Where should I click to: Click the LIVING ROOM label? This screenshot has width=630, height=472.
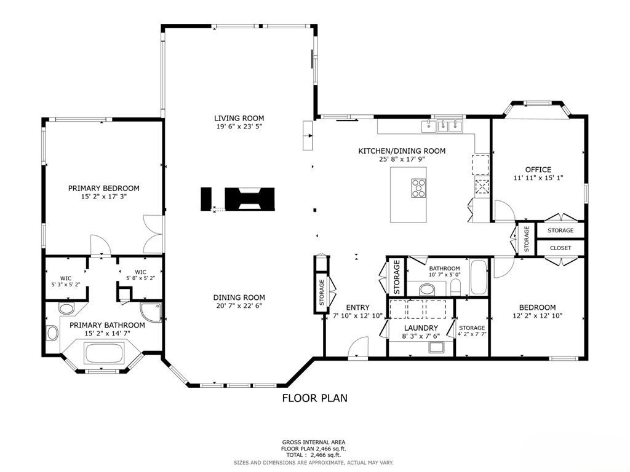pos(239,118)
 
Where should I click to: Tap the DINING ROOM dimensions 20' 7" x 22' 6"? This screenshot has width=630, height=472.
pos(239,305)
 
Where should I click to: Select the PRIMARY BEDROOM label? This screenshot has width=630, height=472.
pos(103,188)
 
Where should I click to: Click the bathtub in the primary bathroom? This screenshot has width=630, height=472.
pos(103,353)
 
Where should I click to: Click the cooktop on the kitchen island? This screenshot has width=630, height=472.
pos(418,188)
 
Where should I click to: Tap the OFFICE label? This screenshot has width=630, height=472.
pos(538,170)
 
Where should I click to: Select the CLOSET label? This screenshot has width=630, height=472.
pos(560,248)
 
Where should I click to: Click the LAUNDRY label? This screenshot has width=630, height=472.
pos(421,328)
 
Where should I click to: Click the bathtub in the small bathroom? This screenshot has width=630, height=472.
pos(479,277)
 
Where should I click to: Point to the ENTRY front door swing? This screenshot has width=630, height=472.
pos(358,347)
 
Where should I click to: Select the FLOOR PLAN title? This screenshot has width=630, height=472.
pos(314,398)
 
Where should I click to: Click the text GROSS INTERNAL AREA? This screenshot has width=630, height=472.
pos(313,442)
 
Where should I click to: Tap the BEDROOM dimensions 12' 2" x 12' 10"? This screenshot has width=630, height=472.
pos(538,315)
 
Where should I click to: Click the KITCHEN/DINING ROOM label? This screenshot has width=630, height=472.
pos(402,151)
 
